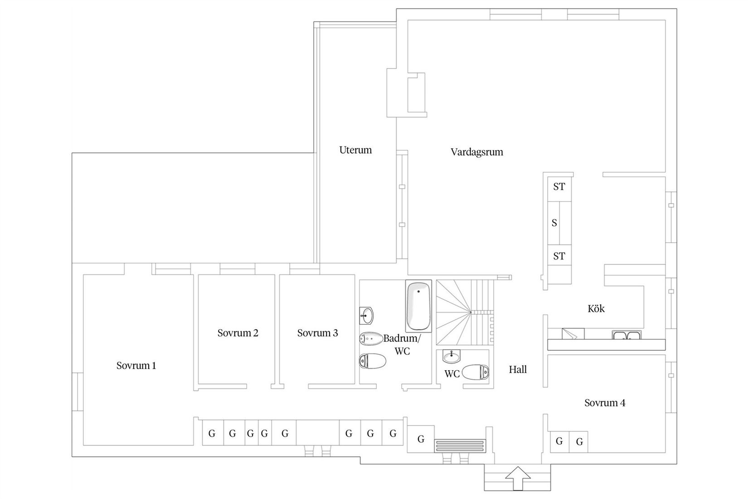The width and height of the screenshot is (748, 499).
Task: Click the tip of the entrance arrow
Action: pyautogui.click(x=518, y=467)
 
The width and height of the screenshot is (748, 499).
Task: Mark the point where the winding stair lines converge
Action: pyautogui.click(x=471, y=312)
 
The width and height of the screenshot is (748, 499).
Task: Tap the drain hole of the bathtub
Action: pyautogui.click(x=418, y=291)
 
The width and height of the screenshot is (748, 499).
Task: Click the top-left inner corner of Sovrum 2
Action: pyautogui.click(x=199, y=275)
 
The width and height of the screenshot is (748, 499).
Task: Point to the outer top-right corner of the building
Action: pyautogui.click(x=677, y=9)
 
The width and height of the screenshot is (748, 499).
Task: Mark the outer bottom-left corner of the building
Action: pyautogui.click(x=72, y=456)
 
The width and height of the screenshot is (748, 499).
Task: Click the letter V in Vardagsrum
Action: pyautogui.click(x=454, y=152)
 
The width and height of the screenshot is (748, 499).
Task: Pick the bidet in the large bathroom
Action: pyautogui.click(x=371, y=339)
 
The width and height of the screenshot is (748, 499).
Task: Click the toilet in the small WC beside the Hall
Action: pyautogui.click(x=476, y=372)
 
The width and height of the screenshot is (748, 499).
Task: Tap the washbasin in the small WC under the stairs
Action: pyautogui.click(x=452, y=356)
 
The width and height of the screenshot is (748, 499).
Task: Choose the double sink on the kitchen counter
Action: pyautogui.click(x=627, y=335)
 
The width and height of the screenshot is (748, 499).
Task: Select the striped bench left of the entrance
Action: pyautogui.click(x=460, y=446)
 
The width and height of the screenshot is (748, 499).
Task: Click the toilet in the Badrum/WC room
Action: pyautogui.click(x=372, y=361)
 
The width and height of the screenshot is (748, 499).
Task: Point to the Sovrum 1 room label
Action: pyautogui.click(x=136, y=366)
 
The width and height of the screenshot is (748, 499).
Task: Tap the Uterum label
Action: pyautogui.click(x=355, y=150)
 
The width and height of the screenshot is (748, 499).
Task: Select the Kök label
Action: pyautogui.click(x=596, y=308)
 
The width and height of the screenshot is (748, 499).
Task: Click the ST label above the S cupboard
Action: pyautogui.click(x=559, y=186)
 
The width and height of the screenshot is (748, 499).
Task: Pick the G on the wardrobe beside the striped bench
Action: pyautogui.click(x=421, y=439)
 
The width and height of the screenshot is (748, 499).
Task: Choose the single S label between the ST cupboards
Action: pyautogui.click(x=554, y=223)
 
